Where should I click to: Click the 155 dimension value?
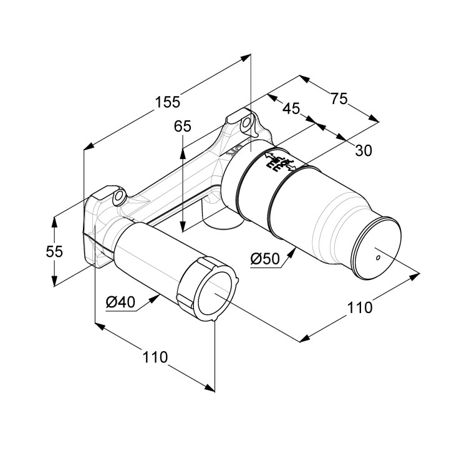168,101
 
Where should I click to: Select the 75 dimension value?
339,99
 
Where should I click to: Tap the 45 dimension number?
291,109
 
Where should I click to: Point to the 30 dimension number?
364,150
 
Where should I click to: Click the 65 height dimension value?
183,127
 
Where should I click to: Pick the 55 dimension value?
55,251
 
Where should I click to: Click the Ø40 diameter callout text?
120,302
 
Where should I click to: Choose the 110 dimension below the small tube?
155,357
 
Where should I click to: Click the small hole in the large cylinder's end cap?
377,256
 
